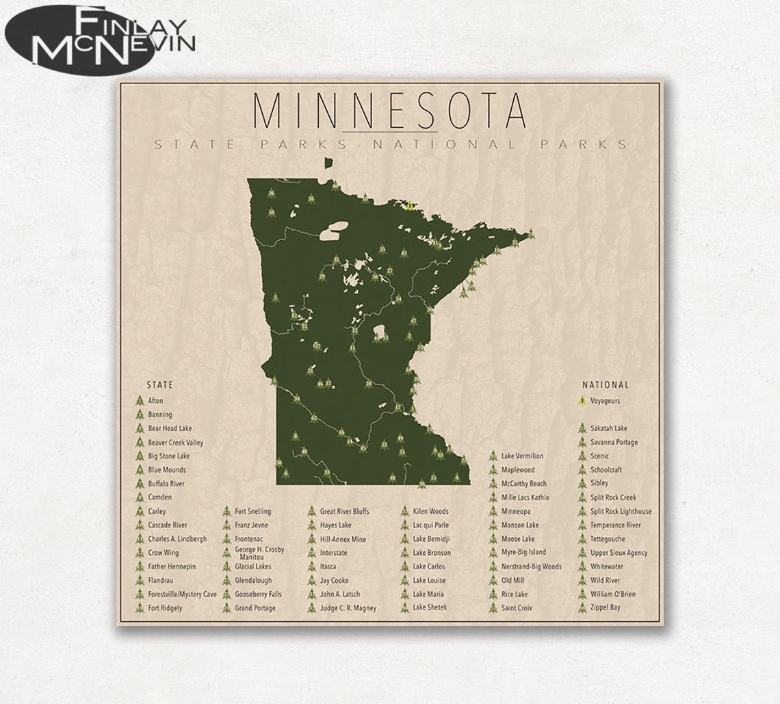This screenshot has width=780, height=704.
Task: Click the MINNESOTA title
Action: click(389, 109)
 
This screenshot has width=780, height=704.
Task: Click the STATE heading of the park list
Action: click(159, 385)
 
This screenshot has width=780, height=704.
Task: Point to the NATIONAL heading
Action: click(605, 385)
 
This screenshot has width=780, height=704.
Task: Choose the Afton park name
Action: click(155, 401)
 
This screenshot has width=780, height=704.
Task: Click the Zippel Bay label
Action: click(606, 608)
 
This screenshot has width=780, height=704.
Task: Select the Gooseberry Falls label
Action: click(258, 594)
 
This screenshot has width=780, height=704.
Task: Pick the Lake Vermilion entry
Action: click(522, 456)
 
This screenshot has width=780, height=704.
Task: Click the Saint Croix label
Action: click(517, 608)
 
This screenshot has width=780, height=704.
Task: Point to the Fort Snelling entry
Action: click(252, 511)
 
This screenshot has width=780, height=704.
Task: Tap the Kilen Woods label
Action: click(430, 511)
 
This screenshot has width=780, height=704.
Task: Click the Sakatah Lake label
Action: click(608, 428)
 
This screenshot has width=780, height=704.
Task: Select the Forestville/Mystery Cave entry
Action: click(182, 594)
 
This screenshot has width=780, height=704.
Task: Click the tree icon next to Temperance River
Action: click(581, 525)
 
